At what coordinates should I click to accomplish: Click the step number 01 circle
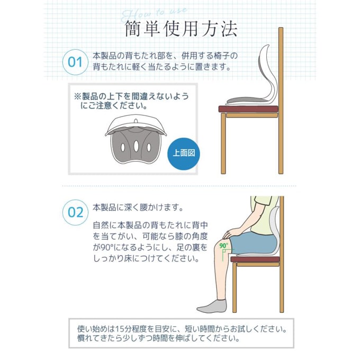tap(75, 62)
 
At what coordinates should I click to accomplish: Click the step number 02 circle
tap(75, 212)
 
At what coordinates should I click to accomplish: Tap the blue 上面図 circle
tap(184, 154)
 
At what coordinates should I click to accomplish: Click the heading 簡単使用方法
tap(181, 29)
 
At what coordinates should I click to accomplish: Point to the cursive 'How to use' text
tap(154, 14)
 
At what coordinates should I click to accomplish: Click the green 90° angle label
tap(223, 246)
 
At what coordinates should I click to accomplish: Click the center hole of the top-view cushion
tap(136, 145)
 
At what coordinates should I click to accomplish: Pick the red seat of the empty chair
tap(248, 109)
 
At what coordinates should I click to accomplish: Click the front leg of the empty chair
tap(223, 143)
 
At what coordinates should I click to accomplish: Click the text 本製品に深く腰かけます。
tap(138, 208)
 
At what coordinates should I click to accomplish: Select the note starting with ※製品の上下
tap(131, 101)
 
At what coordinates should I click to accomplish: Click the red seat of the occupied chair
tap(255, 259)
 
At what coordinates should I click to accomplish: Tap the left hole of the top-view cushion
tap(123, 147)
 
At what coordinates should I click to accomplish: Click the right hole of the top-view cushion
tap(149, 147)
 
